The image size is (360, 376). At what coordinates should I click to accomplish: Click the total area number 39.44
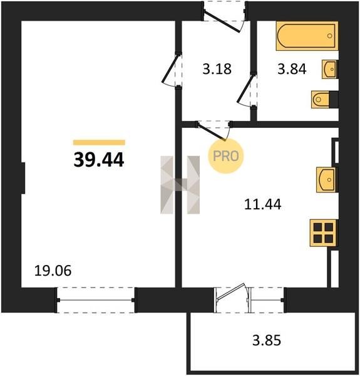pos(99,160)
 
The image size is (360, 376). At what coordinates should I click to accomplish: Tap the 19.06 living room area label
pos(53,271)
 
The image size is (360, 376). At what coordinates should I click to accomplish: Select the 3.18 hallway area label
pos(217,69)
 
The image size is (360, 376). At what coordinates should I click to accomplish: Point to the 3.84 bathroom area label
pos(292,69)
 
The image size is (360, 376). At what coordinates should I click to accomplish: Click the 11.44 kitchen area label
pos(263,204)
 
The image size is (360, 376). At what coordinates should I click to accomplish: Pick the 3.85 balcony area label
pos(266,340)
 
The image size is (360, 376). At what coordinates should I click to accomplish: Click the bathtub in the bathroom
pos(307,36)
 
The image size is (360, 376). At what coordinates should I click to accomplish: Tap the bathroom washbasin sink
pos(330,70)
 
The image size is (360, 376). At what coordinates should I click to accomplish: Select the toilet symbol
pos(324,99)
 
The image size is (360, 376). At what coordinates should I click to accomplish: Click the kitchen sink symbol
pos(327,180)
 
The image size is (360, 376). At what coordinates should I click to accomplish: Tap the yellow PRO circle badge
pos(226,156)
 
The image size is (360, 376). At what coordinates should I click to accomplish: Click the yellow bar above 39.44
pos(99,142)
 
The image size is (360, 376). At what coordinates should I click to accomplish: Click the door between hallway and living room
pos(171,70)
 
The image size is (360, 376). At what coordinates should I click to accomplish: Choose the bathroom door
pos(247,90)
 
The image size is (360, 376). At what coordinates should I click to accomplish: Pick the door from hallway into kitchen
pos(212,131)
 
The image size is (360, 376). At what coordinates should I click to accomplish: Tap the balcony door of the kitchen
pos(232,293)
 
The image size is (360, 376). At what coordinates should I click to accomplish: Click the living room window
pos(96,300)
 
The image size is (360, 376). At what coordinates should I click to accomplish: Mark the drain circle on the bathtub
pos(330,36)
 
